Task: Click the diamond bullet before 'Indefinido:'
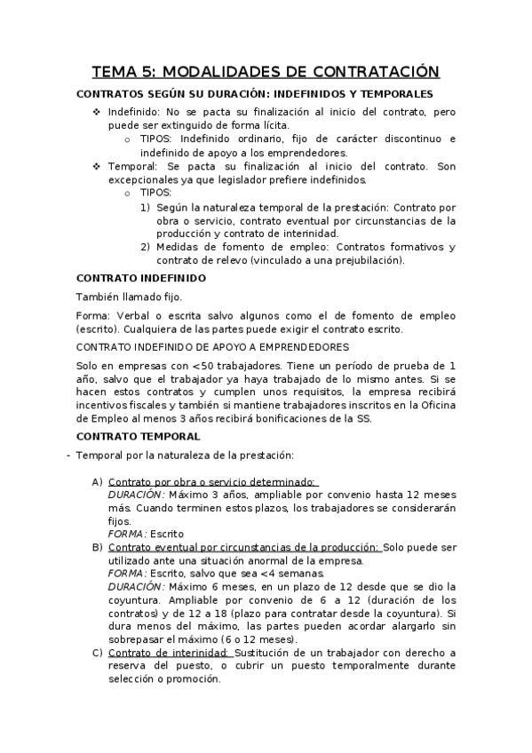click(97, 114)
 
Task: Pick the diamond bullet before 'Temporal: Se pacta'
click(97, 166)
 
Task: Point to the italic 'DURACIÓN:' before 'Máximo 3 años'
click(136, 494)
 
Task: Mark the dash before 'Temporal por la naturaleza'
click(67, 456)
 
